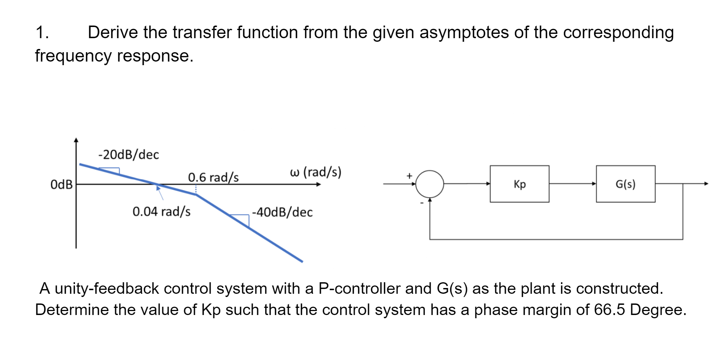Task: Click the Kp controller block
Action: (519, 184)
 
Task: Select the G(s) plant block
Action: (625, 184)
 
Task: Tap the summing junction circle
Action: (430, 184)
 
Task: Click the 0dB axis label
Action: (62, 185)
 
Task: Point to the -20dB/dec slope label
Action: (128, 155)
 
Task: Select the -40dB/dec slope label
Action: (282, 212)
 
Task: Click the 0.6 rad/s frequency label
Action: (213, 177)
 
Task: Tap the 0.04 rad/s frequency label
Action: (161, 211)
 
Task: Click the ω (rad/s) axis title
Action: (315, 172)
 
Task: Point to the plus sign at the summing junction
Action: (409, 176)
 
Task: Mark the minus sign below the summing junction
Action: (421, 203)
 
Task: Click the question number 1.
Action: (42, 32)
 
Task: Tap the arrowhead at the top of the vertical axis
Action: (76, 140)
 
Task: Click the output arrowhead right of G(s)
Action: (706, 184)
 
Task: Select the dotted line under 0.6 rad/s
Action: (196, 189)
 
